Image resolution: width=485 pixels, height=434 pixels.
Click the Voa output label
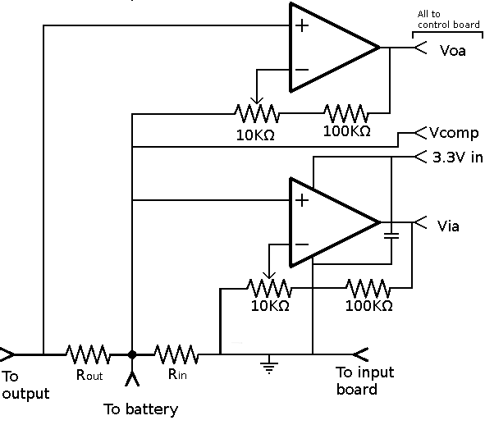pyautogui.click(x=453, y=50)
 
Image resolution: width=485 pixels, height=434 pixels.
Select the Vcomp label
pyautogui.click(x=455, y=133)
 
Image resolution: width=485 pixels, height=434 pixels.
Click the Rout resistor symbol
pyautogui.click(x=88, y=354)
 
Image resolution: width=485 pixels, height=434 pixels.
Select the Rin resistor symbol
pyautogui.click(x=176, y=354)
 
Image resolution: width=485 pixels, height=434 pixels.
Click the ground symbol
pyautogui.click(x=267, y=365)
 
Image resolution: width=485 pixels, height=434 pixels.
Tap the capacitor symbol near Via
pyautogui.click(x=391, y=235)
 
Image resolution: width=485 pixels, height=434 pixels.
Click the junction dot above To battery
pyautogui.click(x=132, y=354)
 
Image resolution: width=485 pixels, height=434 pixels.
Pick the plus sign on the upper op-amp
pyautogui.click(x=302, y=25)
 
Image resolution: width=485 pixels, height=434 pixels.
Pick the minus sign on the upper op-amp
pyautogui.click(x=301, y=69)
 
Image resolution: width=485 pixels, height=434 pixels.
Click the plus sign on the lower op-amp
pyautogui.click(x=301, y=199)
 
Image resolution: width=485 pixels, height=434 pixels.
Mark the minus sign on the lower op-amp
pyautogui.click(x=301, y=244)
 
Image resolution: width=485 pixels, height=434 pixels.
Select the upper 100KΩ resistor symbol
pyautogui.click(x=347, y=112)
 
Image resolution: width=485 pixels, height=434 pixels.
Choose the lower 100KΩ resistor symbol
pyautogui.click(x=368, y=288)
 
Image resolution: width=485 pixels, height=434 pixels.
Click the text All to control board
pyautogui.click(x=448, y=20)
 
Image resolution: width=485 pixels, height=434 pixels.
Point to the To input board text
pyautogui.click(x=365, y=381)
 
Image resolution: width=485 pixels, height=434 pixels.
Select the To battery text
pyautogui.click(x=140, y=409)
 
